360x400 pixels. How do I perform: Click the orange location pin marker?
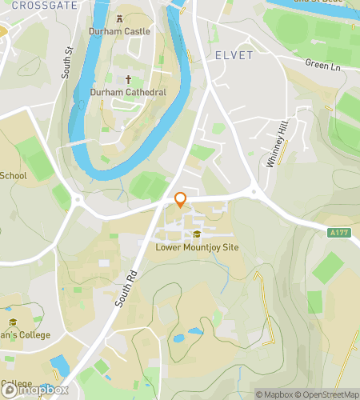tap(180, 200)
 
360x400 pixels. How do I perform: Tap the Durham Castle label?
tap(120, 31)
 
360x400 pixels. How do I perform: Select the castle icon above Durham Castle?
tap(120, 18)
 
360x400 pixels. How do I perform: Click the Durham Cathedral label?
tap(129, 93)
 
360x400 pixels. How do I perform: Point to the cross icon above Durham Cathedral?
tap(129, 79)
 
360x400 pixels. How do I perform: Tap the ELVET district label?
tap(234, 55)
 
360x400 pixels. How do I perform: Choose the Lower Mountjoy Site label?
tap(197, 248)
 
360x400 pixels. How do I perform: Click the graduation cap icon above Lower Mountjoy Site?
tap(197, 234)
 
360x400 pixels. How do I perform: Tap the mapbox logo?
tap(33, 392)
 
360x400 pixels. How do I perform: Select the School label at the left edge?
tap(13, 176)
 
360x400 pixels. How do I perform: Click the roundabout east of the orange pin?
tap(255, 192)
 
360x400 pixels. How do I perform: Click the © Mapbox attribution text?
tap(273, 394)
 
